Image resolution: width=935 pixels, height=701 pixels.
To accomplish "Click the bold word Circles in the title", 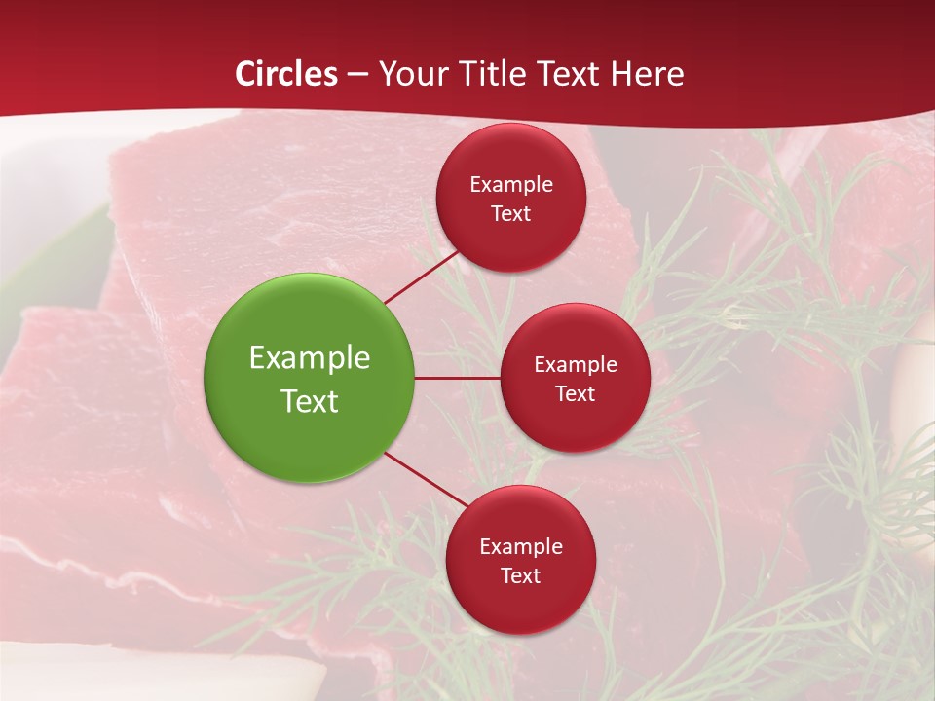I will [x=286, y=74].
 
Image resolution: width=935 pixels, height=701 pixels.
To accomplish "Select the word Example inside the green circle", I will [x=310, y=358].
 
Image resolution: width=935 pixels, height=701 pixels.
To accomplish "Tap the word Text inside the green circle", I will [x=310, y=401].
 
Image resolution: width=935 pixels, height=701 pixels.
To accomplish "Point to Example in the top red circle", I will [x=510, y=185].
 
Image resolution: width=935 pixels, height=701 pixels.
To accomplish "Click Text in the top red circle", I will [x=510, y=214].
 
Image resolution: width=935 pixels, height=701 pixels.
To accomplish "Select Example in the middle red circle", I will [x=575, y=365].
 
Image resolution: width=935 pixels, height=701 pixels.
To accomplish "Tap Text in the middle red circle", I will [x=575, y=394].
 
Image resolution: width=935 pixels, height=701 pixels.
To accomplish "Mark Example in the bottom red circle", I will [x=520, y=547].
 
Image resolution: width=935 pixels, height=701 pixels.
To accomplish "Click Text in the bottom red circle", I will [x=520, y=576].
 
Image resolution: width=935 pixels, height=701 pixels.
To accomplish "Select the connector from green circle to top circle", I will [x=422, y=277].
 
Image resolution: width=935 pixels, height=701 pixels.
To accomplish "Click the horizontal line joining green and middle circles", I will [x=458, y=378].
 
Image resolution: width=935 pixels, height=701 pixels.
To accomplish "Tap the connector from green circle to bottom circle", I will [x=426, y=478].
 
